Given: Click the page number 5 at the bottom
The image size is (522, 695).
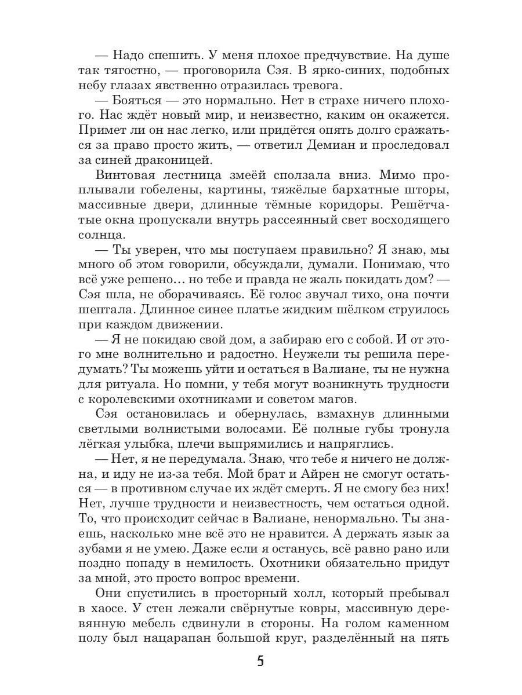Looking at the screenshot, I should (260, 661).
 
